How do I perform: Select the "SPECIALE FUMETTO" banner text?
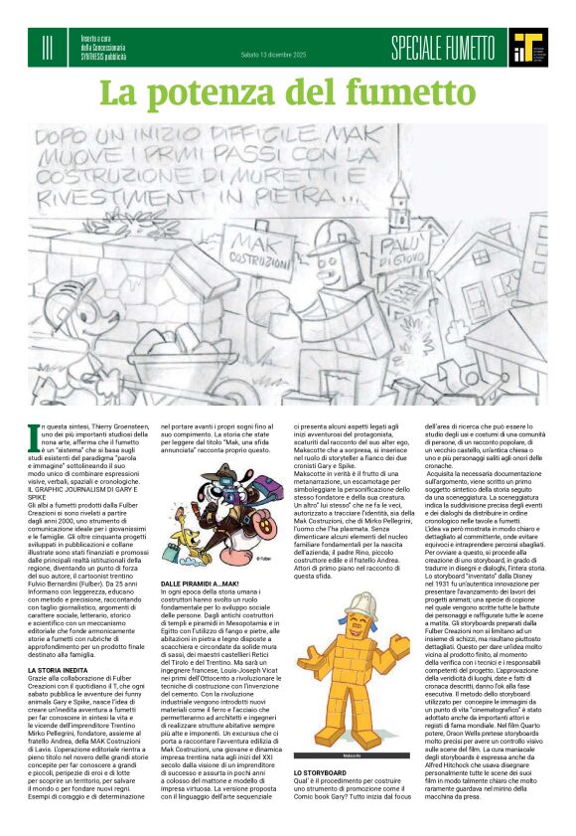[443, 47]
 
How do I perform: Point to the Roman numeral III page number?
[48, 46]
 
